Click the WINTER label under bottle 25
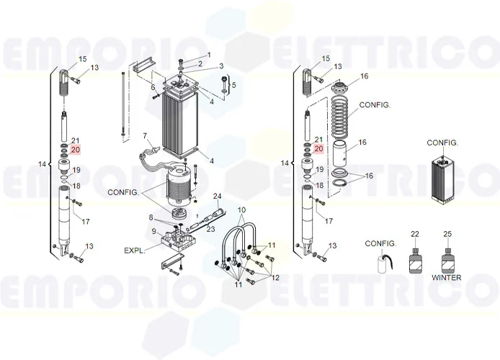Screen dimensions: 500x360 tap(447, 277)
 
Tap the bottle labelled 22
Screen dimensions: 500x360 tap(415, 259)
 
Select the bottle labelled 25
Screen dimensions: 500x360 tap(447, 259)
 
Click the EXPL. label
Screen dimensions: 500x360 tap(135, 251)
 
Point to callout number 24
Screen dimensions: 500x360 tap(217, 196)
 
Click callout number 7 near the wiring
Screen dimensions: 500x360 tap(145, 136)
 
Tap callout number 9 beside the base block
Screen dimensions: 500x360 tap(153, 231)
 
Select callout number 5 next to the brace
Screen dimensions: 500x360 tap(233, 85)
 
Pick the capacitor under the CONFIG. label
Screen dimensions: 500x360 tap(383, 262)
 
